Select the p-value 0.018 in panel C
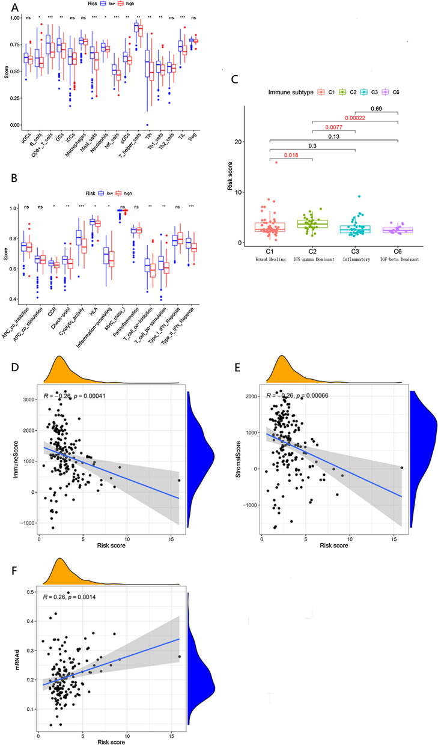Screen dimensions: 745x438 point(291,155)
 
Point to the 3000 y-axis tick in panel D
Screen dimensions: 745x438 point(28,399)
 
